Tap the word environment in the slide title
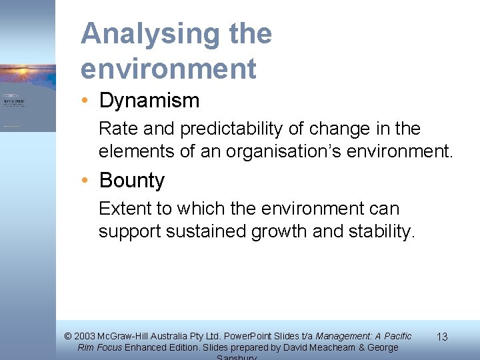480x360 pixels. click(x=168, y=68)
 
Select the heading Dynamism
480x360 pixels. click(x=149, y=101)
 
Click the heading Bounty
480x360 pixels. click(x=132, y=181)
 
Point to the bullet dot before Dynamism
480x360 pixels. click(x=87, y=101)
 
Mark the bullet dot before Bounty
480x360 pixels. click(x=87, y=181)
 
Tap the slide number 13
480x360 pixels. click(x=441, y=338)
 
